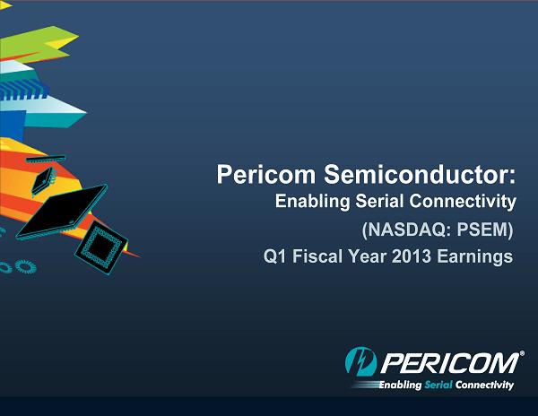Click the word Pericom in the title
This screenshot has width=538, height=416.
[x=266, y=174]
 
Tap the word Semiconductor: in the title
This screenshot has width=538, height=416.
[x=420, y=174]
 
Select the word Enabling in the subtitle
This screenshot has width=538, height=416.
[x=312, y=202]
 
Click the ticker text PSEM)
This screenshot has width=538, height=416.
[x=484, y=230]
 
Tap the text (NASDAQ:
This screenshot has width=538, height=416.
[x=406, y=230]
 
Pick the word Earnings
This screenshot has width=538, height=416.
[x=475, y=257]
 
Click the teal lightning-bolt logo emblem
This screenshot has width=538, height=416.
[x=360, y=361]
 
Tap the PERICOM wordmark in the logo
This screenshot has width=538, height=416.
[x=449, y=362]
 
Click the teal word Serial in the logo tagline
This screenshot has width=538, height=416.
[x=438, y=385]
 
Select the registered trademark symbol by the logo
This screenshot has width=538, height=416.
[x=522, y=353]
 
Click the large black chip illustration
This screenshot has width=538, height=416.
[x=62, y=212]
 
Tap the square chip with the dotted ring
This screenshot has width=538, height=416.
[x=101, y=247]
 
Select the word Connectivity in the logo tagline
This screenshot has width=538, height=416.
[x=484, y=385]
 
